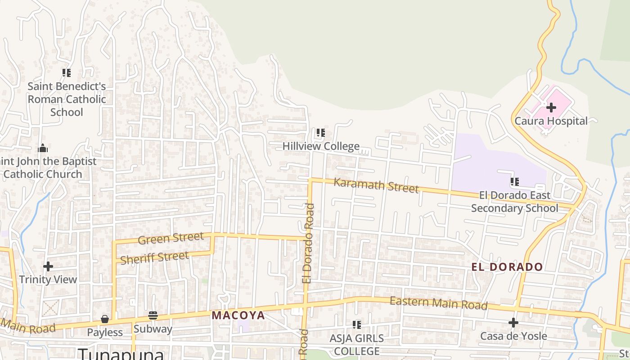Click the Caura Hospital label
point(551,121)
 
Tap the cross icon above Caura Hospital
point(551,108)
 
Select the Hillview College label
point(321,146)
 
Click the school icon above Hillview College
point(320,133)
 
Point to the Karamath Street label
point(376,185)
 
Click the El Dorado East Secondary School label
point(514,202)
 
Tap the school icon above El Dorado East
point(514,182)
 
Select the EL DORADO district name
point(507,267)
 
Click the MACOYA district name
point(238,315)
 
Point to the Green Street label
point(171,238)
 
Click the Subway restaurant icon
point(153,315)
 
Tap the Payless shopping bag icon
point(105,319)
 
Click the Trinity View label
point(48,279)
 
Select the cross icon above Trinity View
point(48,266)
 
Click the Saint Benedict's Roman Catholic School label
point(67,99)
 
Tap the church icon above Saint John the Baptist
point(43,148)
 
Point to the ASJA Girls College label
point(356,344)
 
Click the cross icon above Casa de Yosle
point(513,323)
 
